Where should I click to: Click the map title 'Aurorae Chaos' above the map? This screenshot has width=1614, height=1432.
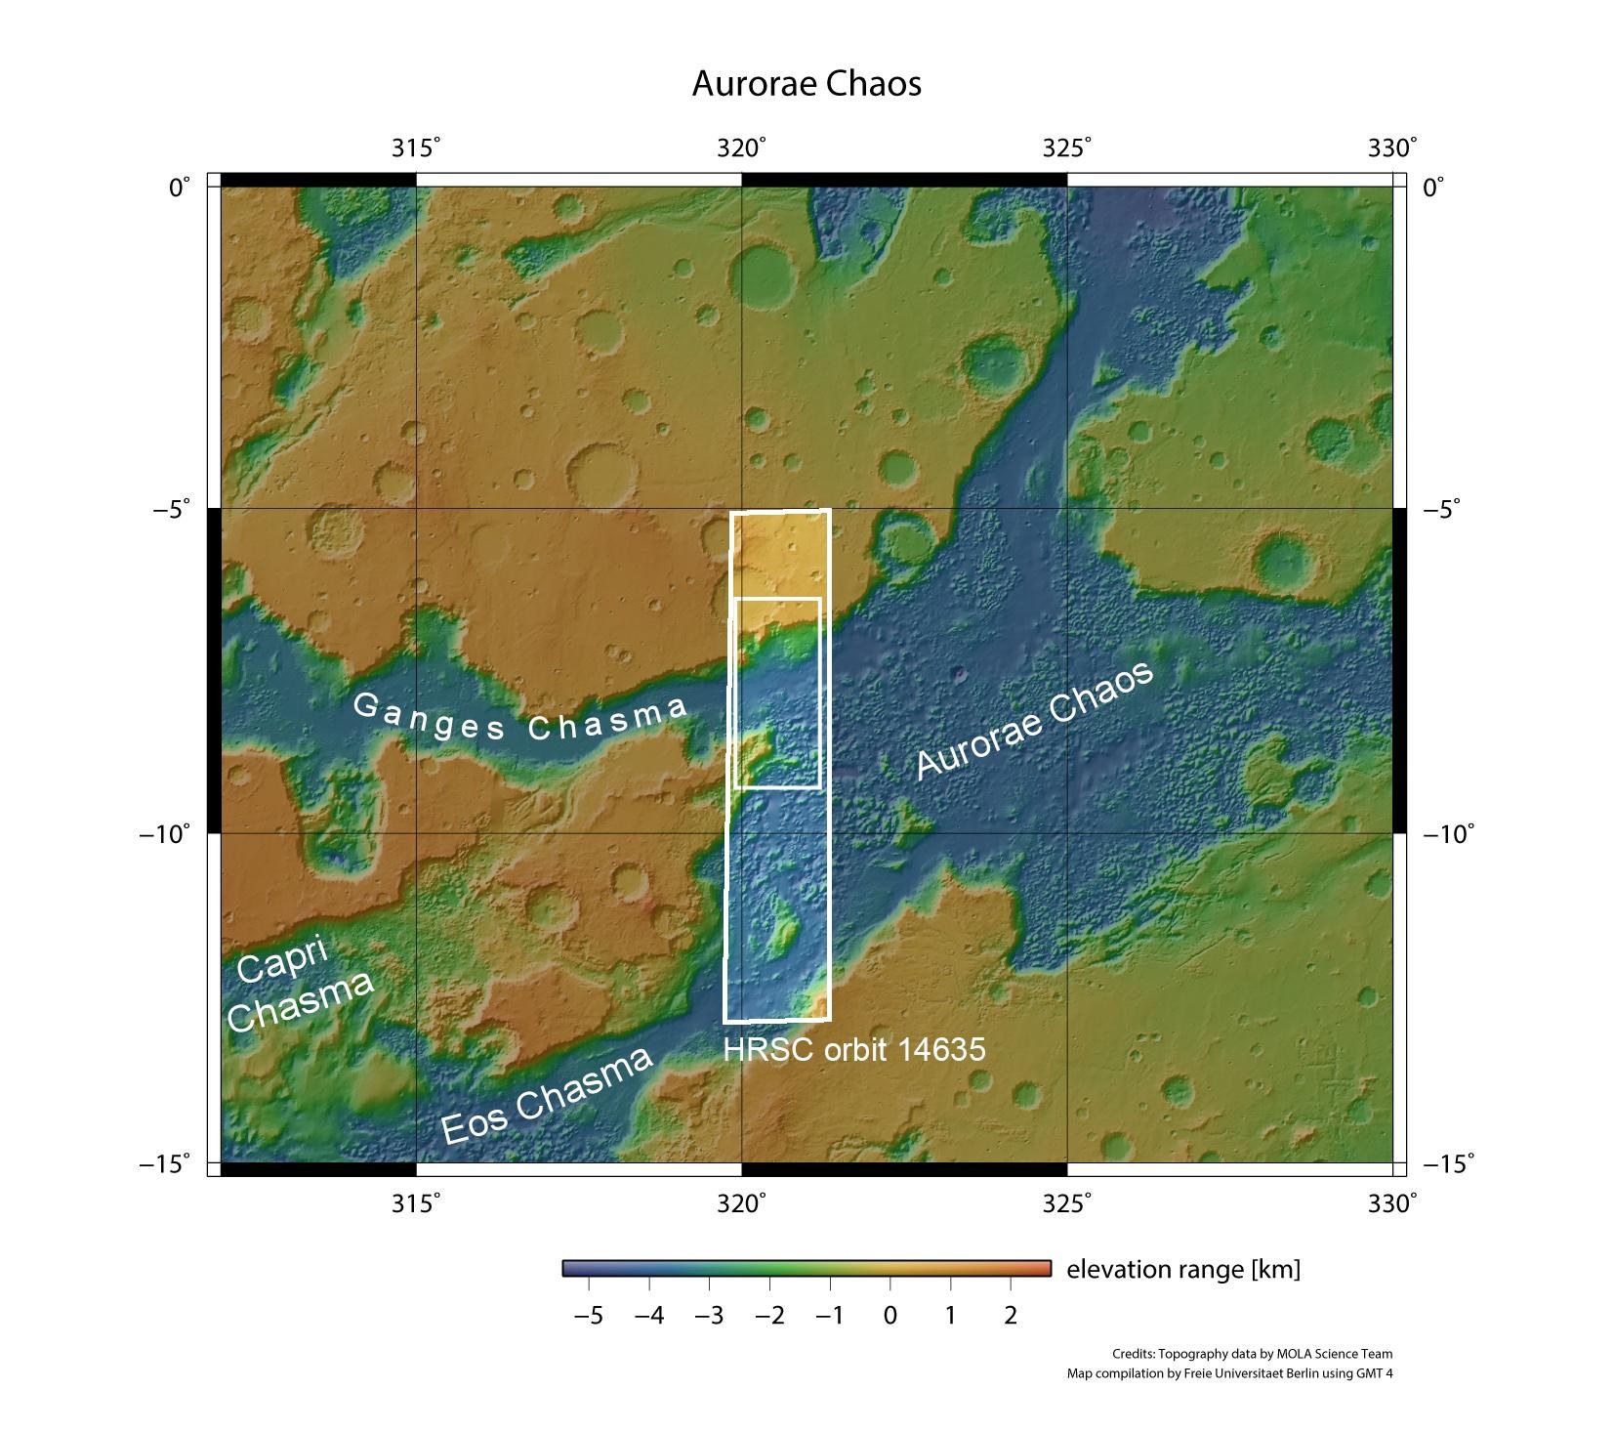807,84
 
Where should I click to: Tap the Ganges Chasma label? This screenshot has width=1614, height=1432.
519,716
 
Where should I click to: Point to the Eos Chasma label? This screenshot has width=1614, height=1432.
547,1096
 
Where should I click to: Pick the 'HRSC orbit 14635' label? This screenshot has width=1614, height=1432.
854,1049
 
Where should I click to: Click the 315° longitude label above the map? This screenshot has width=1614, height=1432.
416,148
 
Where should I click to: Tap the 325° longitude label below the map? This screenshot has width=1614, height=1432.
1066,1203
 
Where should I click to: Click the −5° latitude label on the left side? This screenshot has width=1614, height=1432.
172,509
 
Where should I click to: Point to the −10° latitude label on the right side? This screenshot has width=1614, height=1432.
1448,834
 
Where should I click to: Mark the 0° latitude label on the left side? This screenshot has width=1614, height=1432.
180,187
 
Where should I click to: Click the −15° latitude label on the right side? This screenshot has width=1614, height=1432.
1448,1163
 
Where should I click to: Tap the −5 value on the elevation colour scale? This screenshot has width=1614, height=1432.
588,1316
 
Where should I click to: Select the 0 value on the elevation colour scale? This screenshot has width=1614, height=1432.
890,1316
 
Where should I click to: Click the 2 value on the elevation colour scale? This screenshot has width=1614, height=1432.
1011,1316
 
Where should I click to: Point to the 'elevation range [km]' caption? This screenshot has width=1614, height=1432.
1183,1269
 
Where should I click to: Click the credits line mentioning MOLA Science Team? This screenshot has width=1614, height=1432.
1252,1354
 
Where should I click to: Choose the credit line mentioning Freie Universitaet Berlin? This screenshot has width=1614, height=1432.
1229,1373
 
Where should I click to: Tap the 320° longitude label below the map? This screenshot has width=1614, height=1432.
742,1203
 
